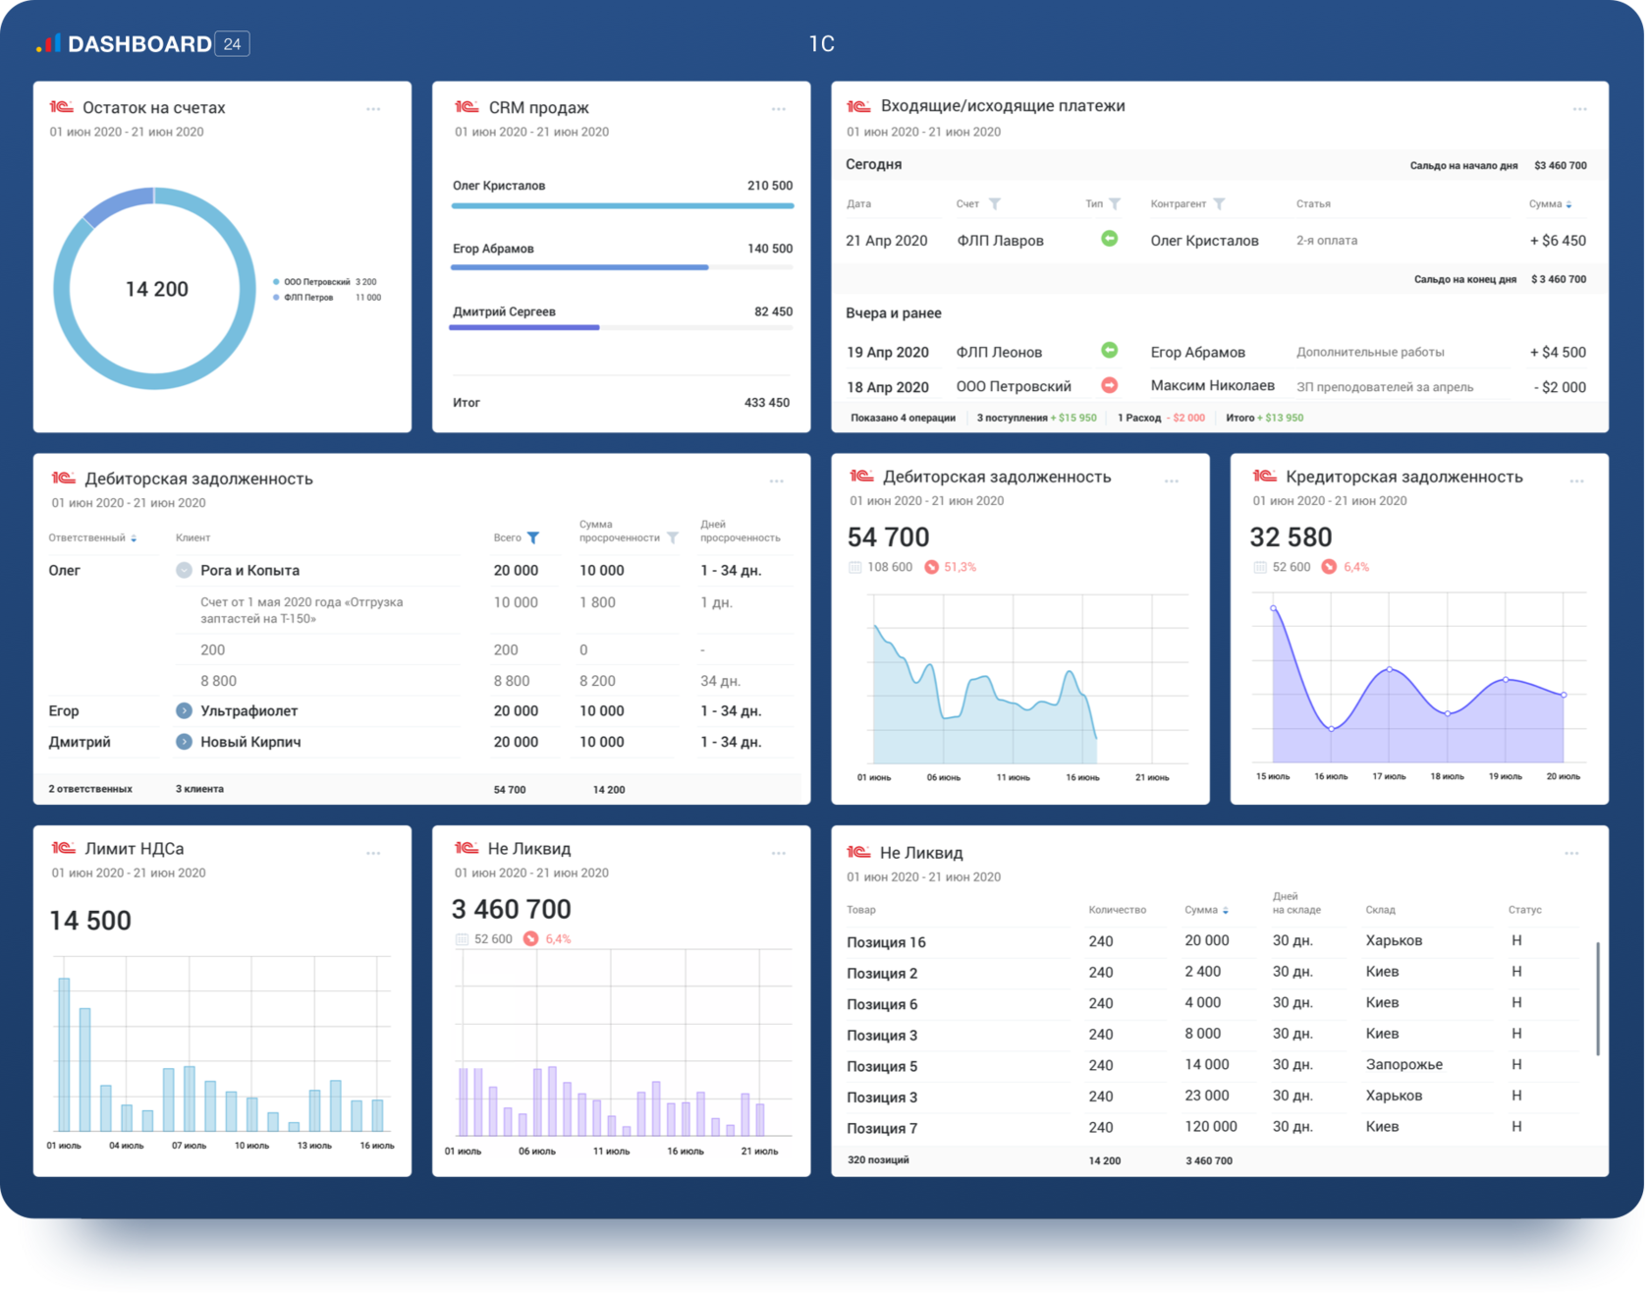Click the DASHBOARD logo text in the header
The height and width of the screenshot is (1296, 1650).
click(x=139, y=44)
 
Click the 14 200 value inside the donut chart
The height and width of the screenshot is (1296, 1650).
click(x=157, y=289)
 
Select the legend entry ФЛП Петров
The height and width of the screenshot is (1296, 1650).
click(x=308, y=298)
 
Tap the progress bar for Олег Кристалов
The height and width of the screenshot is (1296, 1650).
click(x=622, y=206)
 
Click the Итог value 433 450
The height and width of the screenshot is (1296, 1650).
click(x=766, y=403)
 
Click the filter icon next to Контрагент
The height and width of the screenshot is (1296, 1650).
click(x=1219, y=204)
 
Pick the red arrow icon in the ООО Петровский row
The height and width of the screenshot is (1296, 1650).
click(x=1109, y=385)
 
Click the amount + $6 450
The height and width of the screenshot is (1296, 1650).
click(x=1558, y=241)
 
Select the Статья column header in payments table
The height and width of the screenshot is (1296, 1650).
click(x=1313, y=204)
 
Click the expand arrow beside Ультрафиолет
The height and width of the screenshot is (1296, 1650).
click(x=184, y=710)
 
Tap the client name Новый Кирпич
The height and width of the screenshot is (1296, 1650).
click(x=250, y=743)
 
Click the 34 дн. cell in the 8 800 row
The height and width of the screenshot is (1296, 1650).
click(x=720, y=681)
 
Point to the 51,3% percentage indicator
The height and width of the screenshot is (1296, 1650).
click(x=960, y=567)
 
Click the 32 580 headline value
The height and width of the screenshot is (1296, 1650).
click(x=1291, y=537)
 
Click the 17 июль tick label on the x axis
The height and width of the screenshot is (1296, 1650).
click(x=1389, y=777)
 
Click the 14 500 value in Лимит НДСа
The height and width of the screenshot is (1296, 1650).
click(x=90, y=921)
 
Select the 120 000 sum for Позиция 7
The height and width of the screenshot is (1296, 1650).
click(x=1210, y=1127)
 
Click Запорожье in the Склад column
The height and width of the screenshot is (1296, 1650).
click(x=1403, y=1065)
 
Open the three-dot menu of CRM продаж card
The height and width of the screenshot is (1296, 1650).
click(x=778, y=109)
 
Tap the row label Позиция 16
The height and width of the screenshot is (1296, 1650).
click(x=886, y=942)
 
